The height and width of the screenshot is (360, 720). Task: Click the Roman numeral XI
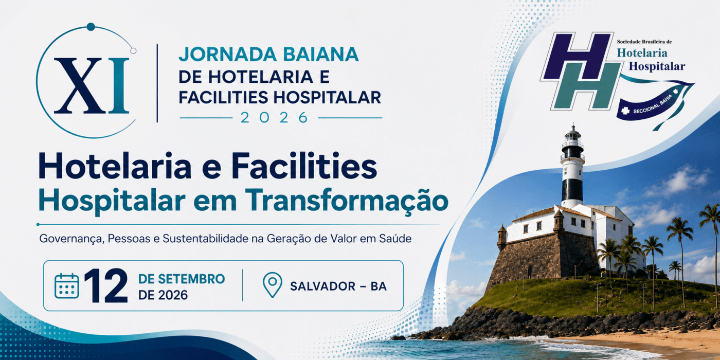coord(92,85)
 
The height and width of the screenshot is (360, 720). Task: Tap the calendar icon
coord(67,286)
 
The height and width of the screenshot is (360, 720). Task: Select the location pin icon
coord(272,285)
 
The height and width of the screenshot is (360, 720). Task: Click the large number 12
coord(106,286)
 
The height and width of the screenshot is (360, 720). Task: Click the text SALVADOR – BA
coord(338,286)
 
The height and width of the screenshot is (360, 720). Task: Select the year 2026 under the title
coord(274,118)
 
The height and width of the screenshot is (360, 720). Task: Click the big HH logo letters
coord(581,71)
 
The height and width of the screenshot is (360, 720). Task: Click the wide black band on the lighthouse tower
coord(572,190)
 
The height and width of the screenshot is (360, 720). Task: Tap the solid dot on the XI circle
coord(91,27)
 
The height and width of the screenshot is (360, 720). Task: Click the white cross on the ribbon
coord(625,111)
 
